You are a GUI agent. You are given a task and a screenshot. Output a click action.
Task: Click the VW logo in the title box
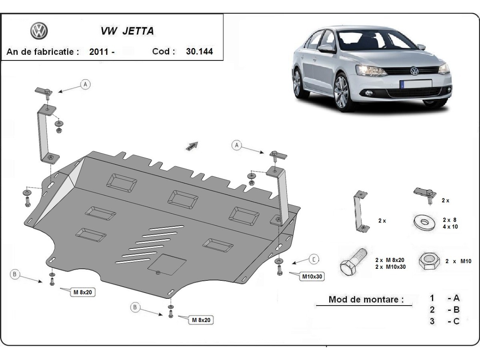point(39,31)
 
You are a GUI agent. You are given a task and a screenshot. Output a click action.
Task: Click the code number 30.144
point(199,52)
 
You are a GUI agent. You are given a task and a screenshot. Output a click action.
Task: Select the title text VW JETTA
point(126,31)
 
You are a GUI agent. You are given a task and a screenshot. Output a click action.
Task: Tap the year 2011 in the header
point(100,52)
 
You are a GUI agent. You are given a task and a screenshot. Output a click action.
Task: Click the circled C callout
point(314,260)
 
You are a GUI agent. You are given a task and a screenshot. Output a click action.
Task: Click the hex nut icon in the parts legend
point(429,261)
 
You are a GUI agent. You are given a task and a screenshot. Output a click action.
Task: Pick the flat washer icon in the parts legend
point(423,222)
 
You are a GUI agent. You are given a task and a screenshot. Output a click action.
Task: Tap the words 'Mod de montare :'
point(366,299)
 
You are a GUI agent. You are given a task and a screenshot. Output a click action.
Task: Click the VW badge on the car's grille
point(414,72)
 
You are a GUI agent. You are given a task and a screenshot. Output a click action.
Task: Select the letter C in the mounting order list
point(456,321)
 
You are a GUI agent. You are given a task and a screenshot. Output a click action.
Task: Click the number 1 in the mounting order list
point(432,298)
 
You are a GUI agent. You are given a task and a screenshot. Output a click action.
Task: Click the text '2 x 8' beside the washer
point(450,220)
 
